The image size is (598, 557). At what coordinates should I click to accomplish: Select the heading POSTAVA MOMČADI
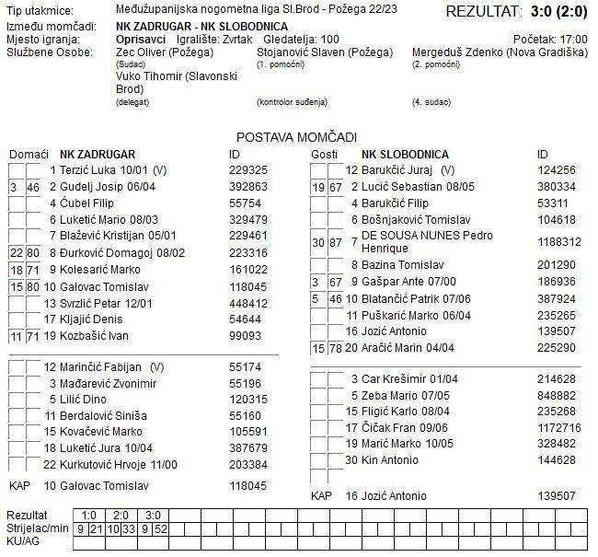click(x=296, y=136)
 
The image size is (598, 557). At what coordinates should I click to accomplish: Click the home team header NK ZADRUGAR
click(x=98, y=154)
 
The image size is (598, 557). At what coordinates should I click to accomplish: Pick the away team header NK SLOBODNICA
click(x=406, y=154)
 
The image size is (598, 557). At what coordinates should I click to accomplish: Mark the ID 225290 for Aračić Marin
click(x=556, y=347)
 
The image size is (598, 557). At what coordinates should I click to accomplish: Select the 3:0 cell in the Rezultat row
click(x=152, y=515)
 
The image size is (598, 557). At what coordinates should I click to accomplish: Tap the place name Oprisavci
click(x=143, y=40)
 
